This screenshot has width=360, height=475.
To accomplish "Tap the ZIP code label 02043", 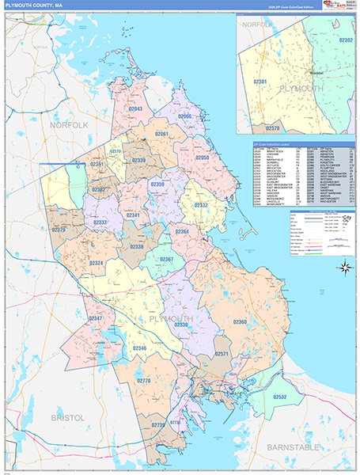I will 135,108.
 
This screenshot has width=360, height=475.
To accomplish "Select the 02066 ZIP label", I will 184,116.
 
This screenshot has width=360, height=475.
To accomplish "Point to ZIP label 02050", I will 203,158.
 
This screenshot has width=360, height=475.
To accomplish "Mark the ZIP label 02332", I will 202,205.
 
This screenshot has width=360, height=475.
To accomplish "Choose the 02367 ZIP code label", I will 166,259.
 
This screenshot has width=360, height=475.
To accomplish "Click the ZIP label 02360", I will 240,321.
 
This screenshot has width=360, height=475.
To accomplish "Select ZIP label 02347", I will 95,318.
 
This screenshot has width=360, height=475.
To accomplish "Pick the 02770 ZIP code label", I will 143,381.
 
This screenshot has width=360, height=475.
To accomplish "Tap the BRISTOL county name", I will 67,416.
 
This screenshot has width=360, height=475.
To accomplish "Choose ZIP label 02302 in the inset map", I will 346,38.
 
